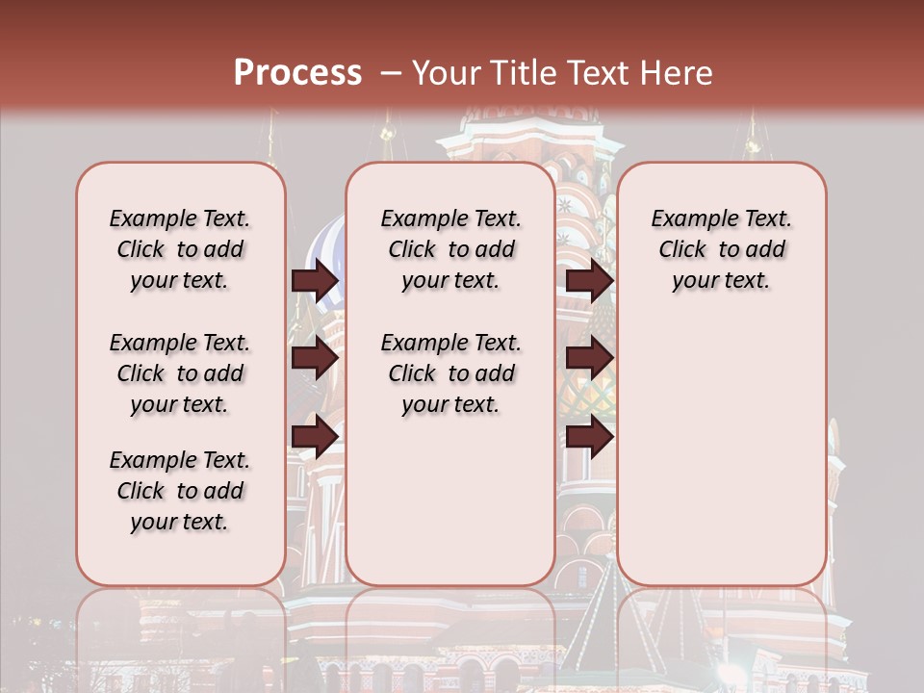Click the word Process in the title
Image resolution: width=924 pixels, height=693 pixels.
(x=296, y=72)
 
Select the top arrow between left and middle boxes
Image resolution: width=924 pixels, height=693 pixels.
(x=315, y=280)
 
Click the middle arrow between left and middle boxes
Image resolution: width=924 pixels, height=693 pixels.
(x=315, y=359)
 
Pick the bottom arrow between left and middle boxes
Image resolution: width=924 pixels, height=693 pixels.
(x=315, y=437)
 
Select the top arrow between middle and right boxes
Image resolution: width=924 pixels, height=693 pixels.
(x=589, y=280)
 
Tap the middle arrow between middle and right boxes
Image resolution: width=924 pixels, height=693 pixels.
(x=589, y=359)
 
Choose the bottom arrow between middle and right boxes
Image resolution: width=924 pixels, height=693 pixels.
(x=589, y=437)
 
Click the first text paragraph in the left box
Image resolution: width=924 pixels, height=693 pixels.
(x=180, y=249)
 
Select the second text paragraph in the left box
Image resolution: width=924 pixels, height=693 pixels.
(x=180, y=373)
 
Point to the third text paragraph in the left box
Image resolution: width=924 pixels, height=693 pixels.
(x=180, y=491)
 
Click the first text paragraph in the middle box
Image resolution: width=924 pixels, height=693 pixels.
(x=450, y=249)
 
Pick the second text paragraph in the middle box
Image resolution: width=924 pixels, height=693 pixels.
(x=450, y=373)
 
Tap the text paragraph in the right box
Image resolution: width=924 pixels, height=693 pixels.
(x=721, y=249)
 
